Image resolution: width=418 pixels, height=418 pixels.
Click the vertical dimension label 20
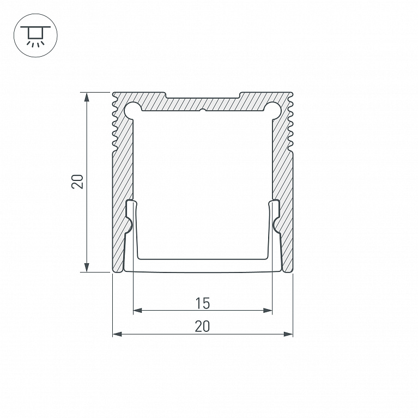(x=77, y=182)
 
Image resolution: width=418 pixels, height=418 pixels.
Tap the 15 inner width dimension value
(x=203, y=304)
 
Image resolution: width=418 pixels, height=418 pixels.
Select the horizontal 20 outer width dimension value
(x=202, y=326)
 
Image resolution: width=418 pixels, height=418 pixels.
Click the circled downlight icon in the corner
(x=35, y=35)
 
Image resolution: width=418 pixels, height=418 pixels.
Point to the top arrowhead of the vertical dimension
(x=86, y=97)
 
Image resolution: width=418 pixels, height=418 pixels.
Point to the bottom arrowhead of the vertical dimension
(x=86, y=268)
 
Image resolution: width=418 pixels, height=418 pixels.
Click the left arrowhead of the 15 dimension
(x=137, y=310)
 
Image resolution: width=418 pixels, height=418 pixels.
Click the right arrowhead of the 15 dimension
(x=268, y=310)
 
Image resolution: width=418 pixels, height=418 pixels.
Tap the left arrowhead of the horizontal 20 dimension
(x=117, y=334)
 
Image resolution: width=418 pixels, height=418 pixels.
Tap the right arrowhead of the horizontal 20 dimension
(x=288, y=334)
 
